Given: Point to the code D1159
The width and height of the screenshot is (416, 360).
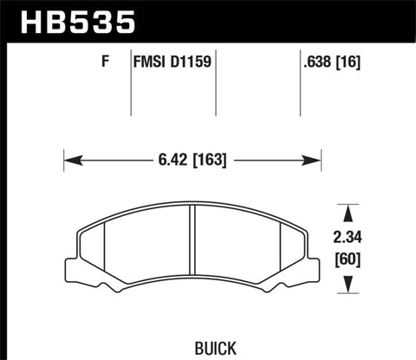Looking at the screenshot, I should [192, 62].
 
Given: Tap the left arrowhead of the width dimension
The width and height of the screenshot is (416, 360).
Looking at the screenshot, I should [70, 160].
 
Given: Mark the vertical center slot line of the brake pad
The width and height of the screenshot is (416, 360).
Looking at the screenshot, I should [192, 252].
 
